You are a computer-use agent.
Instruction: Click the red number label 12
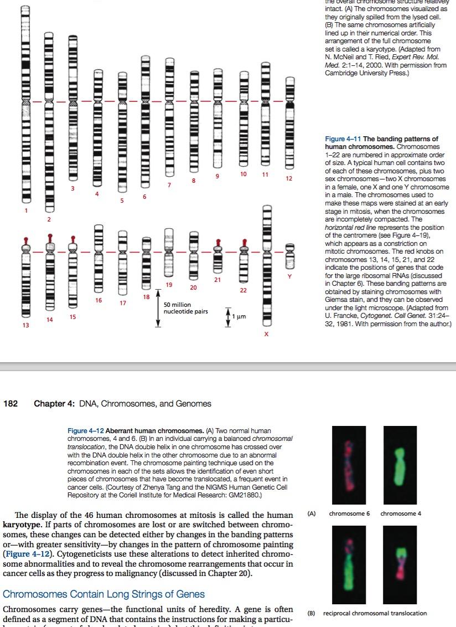(289, 179)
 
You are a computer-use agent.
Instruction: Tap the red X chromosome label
(266, 334)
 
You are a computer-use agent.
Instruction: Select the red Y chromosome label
(289, 275)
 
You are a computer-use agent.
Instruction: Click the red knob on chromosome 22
(243, 243)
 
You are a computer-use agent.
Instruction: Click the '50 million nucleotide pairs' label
(185, 308)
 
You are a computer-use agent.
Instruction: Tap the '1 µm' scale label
(239, 316)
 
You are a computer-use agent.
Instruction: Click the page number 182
(11, 404)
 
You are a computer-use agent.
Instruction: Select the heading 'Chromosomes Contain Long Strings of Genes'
(104, 594)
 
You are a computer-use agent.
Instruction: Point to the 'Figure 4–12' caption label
(85, 431)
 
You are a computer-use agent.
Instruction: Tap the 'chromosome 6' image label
(346, 513)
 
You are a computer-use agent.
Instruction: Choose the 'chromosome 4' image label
(401, 513)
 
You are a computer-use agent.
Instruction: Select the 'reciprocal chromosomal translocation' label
(375, 613)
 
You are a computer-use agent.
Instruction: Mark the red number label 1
(25, 210)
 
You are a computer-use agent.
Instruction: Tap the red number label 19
(169, 284)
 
